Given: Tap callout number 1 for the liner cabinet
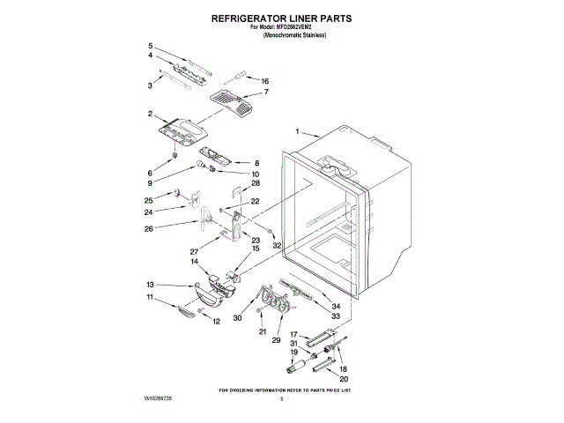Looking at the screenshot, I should coord(298,131).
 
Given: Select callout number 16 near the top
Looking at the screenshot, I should coord(264,81).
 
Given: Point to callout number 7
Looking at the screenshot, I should coord(266,92).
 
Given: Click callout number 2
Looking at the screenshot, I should coord(151,113).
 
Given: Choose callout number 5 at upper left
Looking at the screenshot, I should coord(151,46).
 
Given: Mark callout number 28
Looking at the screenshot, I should coord(256,183).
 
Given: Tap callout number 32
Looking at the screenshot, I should coord(276,245).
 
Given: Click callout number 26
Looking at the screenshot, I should coord(149,229).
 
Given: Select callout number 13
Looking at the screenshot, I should coord(150,285).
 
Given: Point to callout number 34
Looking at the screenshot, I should coord(336,306).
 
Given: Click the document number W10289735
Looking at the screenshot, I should coord(156,399).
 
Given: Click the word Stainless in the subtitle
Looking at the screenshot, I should coord(311,35).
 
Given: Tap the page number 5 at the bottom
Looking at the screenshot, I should coord(281,399).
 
